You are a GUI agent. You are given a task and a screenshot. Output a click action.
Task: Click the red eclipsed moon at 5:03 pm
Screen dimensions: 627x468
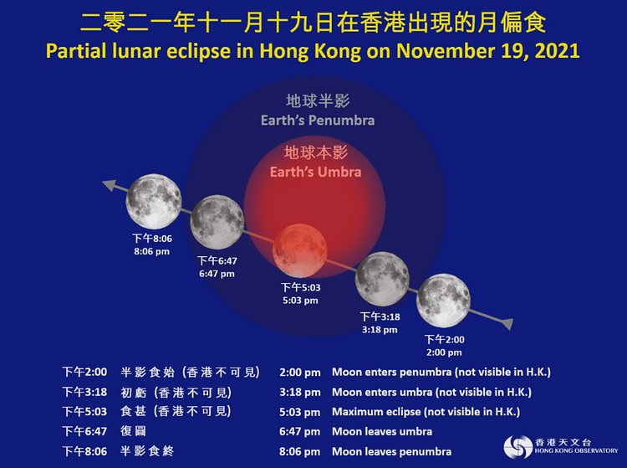pyautogui.click(x=300, y=251)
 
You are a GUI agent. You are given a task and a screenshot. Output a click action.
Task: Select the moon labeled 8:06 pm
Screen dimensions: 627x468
pyautogui.click(x=154, y=202)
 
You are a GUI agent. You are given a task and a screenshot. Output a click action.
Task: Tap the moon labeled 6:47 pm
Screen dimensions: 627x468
pyautogui.click(x=217, y=223)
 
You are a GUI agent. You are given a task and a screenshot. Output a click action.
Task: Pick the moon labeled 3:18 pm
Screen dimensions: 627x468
pyautogui.click(x=382, y=279)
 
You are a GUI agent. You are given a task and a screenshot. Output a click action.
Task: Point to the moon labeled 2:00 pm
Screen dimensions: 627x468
pyautogui.click(x=443, y=301)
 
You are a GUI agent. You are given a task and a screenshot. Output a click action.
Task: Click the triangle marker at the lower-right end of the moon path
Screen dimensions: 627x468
pyautogui.click(x=507, y=322)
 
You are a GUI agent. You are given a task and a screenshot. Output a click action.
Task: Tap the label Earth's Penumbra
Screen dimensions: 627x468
pyautogui.click(x=318, y=120)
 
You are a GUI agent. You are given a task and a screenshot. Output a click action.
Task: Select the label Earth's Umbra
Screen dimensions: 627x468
pyautogui.click(x=315, y=172)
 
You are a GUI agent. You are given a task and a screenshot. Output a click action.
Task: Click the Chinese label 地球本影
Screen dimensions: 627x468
pyautogui.click(x=316, y=152)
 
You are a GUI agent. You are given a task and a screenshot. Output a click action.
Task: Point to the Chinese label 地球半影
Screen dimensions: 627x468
pyautogui.click(x=318, y=101)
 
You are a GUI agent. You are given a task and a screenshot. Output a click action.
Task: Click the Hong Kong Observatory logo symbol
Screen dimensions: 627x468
pyautogui.click(x=517, y=446)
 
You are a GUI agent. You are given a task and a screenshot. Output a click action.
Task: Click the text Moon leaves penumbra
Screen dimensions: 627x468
pyautogui.click(x=391, y=451)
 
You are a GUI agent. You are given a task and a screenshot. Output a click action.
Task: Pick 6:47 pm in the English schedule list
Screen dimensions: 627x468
pyautogui.click(x=299, y=432)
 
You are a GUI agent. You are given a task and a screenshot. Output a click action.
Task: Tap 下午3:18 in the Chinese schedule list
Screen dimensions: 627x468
pyautogui.click(x=84, y=392)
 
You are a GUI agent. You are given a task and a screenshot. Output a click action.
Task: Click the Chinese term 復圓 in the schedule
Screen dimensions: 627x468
pyautogui.click(x=134, y=431)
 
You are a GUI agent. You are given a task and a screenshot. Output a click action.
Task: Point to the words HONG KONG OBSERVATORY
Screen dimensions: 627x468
pyautogui.click(x=576, y=450)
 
